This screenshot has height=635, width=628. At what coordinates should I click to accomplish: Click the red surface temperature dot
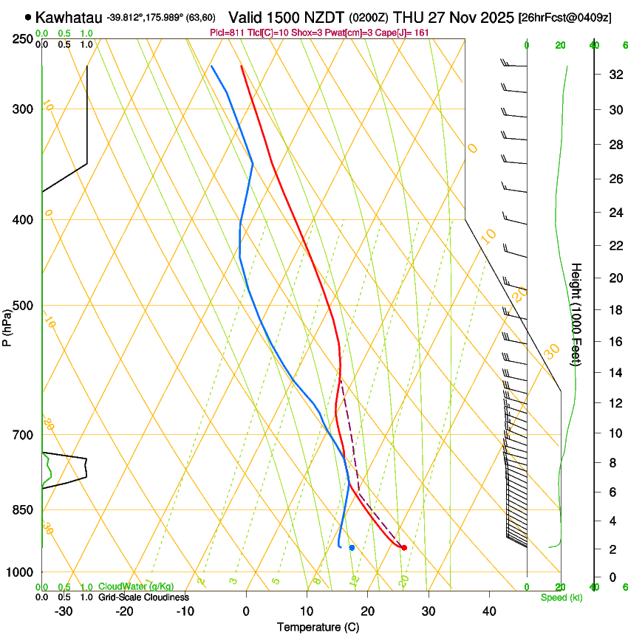point(404,547)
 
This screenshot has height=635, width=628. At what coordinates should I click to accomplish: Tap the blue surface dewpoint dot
point(352,547)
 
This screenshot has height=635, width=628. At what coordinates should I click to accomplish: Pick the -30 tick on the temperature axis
point(64,611)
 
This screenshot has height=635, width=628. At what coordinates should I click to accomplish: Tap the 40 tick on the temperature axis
point(489,611)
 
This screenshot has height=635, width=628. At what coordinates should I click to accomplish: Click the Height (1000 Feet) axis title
point(577,314)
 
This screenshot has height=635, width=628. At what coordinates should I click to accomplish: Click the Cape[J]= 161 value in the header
point(405,33)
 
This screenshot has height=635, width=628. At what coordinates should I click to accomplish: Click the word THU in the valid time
point(408,17)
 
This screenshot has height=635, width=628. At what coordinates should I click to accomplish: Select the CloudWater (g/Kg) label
point(136,587)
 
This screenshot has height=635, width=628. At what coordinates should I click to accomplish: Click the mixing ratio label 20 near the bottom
point(403,581)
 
